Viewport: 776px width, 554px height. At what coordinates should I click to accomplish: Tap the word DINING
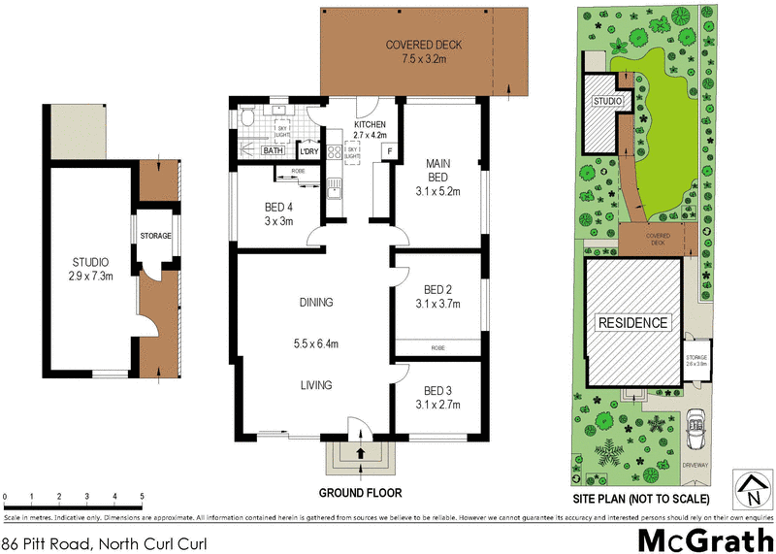pyautogui.click(x=315, y=303)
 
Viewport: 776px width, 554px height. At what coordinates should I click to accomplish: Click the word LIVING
pyautogui.click(x=315, y=385)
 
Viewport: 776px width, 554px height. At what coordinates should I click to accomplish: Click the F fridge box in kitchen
pyautogui.click(x=390, y=151)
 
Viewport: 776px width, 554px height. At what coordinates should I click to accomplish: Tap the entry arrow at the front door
pyautogui.click(x=361, y=452)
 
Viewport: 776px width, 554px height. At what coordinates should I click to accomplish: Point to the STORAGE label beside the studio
pyautogui.click(x=155, y=236)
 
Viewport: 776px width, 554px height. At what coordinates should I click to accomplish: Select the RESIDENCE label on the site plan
pyautogui.click(x=632, y=323)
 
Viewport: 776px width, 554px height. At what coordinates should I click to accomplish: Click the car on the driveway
pyautogui.click(x=696, y=428)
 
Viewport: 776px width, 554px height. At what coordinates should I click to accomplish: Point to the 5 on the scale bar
pyautogui.click(x=142, y=496)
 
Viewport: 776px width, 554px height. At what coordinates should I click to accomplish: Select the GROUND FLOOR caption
pyautogui.click(x=361, y=493)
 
